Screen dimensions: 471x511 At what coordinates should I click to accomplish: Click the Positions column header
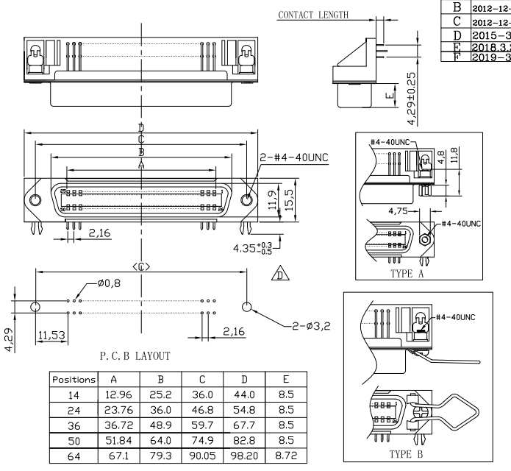point(74,381)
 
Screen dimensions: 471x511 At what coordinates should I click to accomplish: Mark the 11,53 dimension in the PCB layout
point(51,335)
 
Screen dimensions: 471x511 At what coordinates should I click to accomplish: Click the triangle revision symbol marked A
point(278,276)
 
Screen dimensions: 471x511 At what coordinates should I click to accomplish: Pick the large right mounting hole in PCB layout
point(246,306)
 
